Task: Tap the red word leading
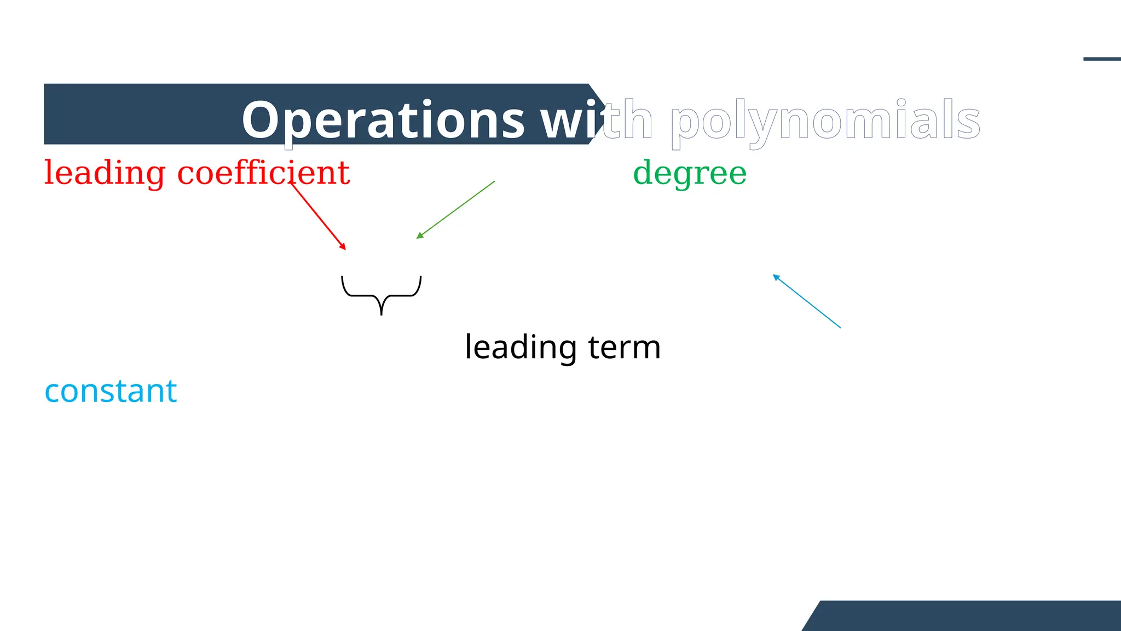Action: point(104,173)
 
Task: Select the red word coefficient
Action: point(263,173)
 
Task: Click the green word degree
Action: point(690,173)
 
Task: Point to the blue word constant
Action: point(111,391)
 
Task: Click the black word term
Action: point(625,347)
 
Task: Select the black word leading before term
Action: point(521,347)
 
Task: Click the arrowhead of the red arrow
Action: point(344,248)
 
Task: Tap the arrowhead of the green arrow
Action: point(419,237)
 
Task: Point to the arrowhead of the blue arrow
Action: point(775,277)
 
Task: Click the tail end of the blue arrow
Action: point(840,328)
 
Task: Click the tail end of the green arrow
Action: point(494,181)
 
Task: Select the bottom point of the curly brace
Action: point(382,314)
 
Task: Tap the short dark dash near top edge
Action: point(1102,59)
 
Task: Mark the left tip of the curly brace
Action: point(342,277)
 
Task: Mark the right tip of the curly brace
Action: point(421,277)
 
